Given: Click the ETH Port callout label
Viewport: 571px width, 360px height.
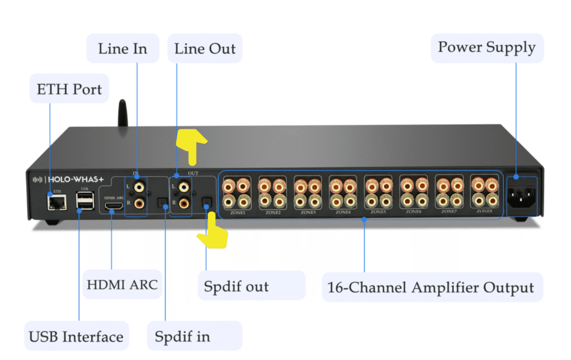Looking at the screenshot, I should pos(69,89).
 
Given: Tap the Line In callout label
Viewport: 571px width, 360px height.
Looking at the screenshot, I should pos(122,48).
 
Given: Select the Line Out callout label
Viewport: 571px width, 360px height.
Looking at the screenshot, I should pos(204,48).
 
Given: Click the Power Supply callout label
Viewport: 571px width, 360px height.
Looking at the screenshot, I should pos(486,47).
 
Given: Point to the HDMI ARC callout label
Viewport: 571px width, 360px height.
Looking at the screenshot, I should pos(122,285).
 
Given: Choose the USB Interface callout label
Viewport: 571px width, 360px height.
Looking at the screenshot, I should pos(76,337).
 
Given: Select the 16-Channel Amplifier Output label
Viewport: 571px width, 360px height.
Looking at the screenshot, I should pos(431,288).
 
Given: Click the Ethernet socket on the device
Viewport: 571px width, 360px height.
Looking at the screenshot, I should pos(57,203).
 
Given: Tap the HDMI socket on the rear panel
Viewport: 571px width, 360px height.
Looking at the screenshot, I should pos(114,207).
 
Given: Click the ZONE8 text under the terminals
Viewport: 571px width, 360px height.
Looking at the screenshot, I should pos(484,211).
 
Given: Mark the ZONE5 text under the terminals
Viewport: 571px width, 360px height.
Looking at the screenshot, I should pos(378,212).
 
